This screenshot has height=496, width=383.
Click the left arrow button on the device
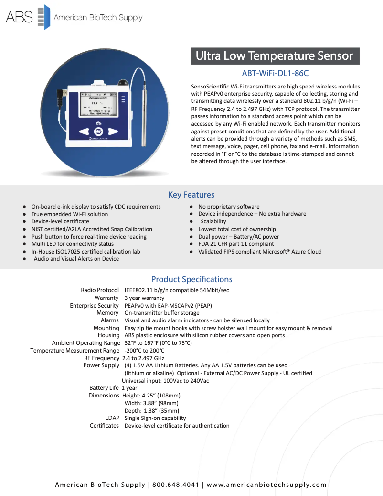tap(84, 132)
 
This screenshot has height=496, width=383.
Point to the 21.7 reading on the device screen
tap(95, 102)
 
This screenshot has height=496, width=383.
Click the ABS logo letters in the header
tap(19, 18)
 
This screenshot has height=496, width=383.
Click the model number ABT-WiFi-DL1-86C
tap(275, 73)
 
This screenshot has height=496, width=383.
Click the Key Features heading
tap(191, 195)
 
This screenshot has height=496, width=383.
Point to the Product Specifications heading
tap(191, 279)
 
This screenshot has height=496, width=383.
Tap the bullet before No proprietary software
tap(191, 207)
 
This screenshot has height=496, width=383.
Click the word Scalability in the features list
tap(213, 221)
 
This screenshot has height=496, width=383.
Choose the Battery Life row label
tap(104, 388)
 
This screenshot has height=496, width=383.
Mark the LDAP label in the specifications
tap(112, 418)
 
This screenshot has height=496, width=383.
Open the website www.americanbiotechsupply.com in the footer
tap(266, 485)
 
